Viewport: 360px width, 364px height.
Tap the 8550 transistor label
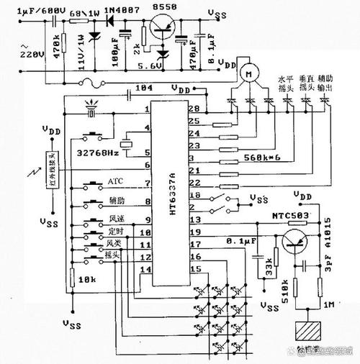pyautogui.click(x=164, y=6)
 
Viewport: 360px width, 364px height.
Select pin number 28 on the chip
pyautogui.click(x=193, y=109)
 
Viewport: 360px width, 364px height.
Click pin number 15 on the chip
pyautogui.click(x=193, y=268)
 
